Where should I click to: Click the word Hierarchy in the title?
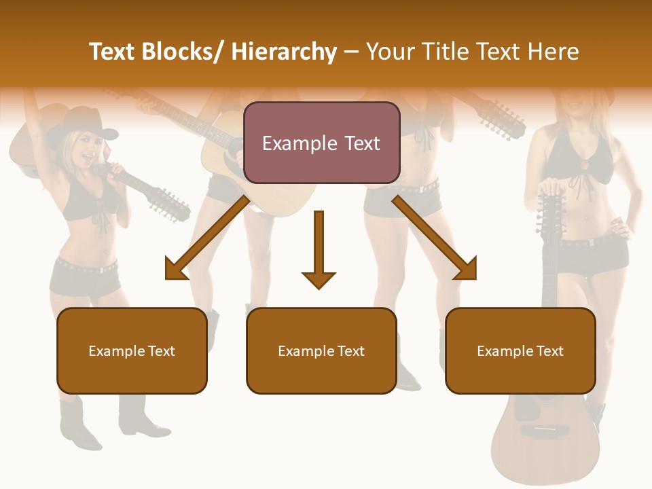(x=284, y=52)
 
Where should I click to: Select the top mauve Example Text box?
(x=321, y=143)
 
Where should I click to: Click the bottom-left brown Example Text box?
(x=132, y=350)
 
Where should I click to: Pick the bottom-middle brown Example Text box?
(x=321, y=350)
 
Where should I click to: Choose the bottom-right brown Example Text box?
(x=520, y=350)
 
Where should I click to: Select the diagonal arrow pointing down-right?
(x=435, y=238)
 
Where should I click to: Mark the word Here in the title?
(x=555, y=52)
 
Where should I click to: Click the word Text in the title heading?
(x=499, y=52)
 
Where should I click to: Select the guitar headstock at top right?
(x=503, y=119)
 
